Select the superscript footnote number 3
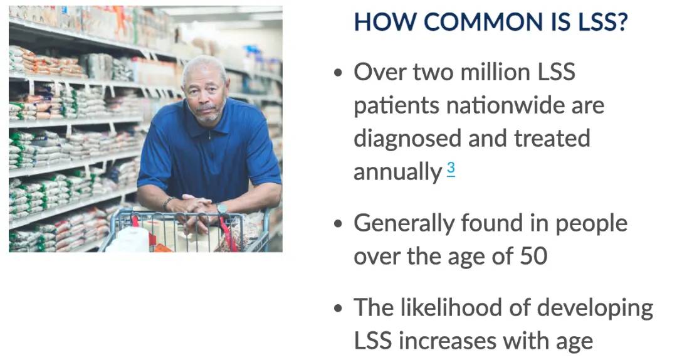(x=451, y=168)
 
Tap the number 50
(x=533, y=256)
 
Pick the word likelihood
(x=451, y=308)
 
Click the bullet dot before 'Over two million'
(x=338, y=72)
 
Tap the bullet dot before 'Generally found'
(x=338, y=223)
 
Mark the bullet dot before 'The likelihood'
(x=338, y=308)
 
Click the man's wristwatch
(x=222, y=209)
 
